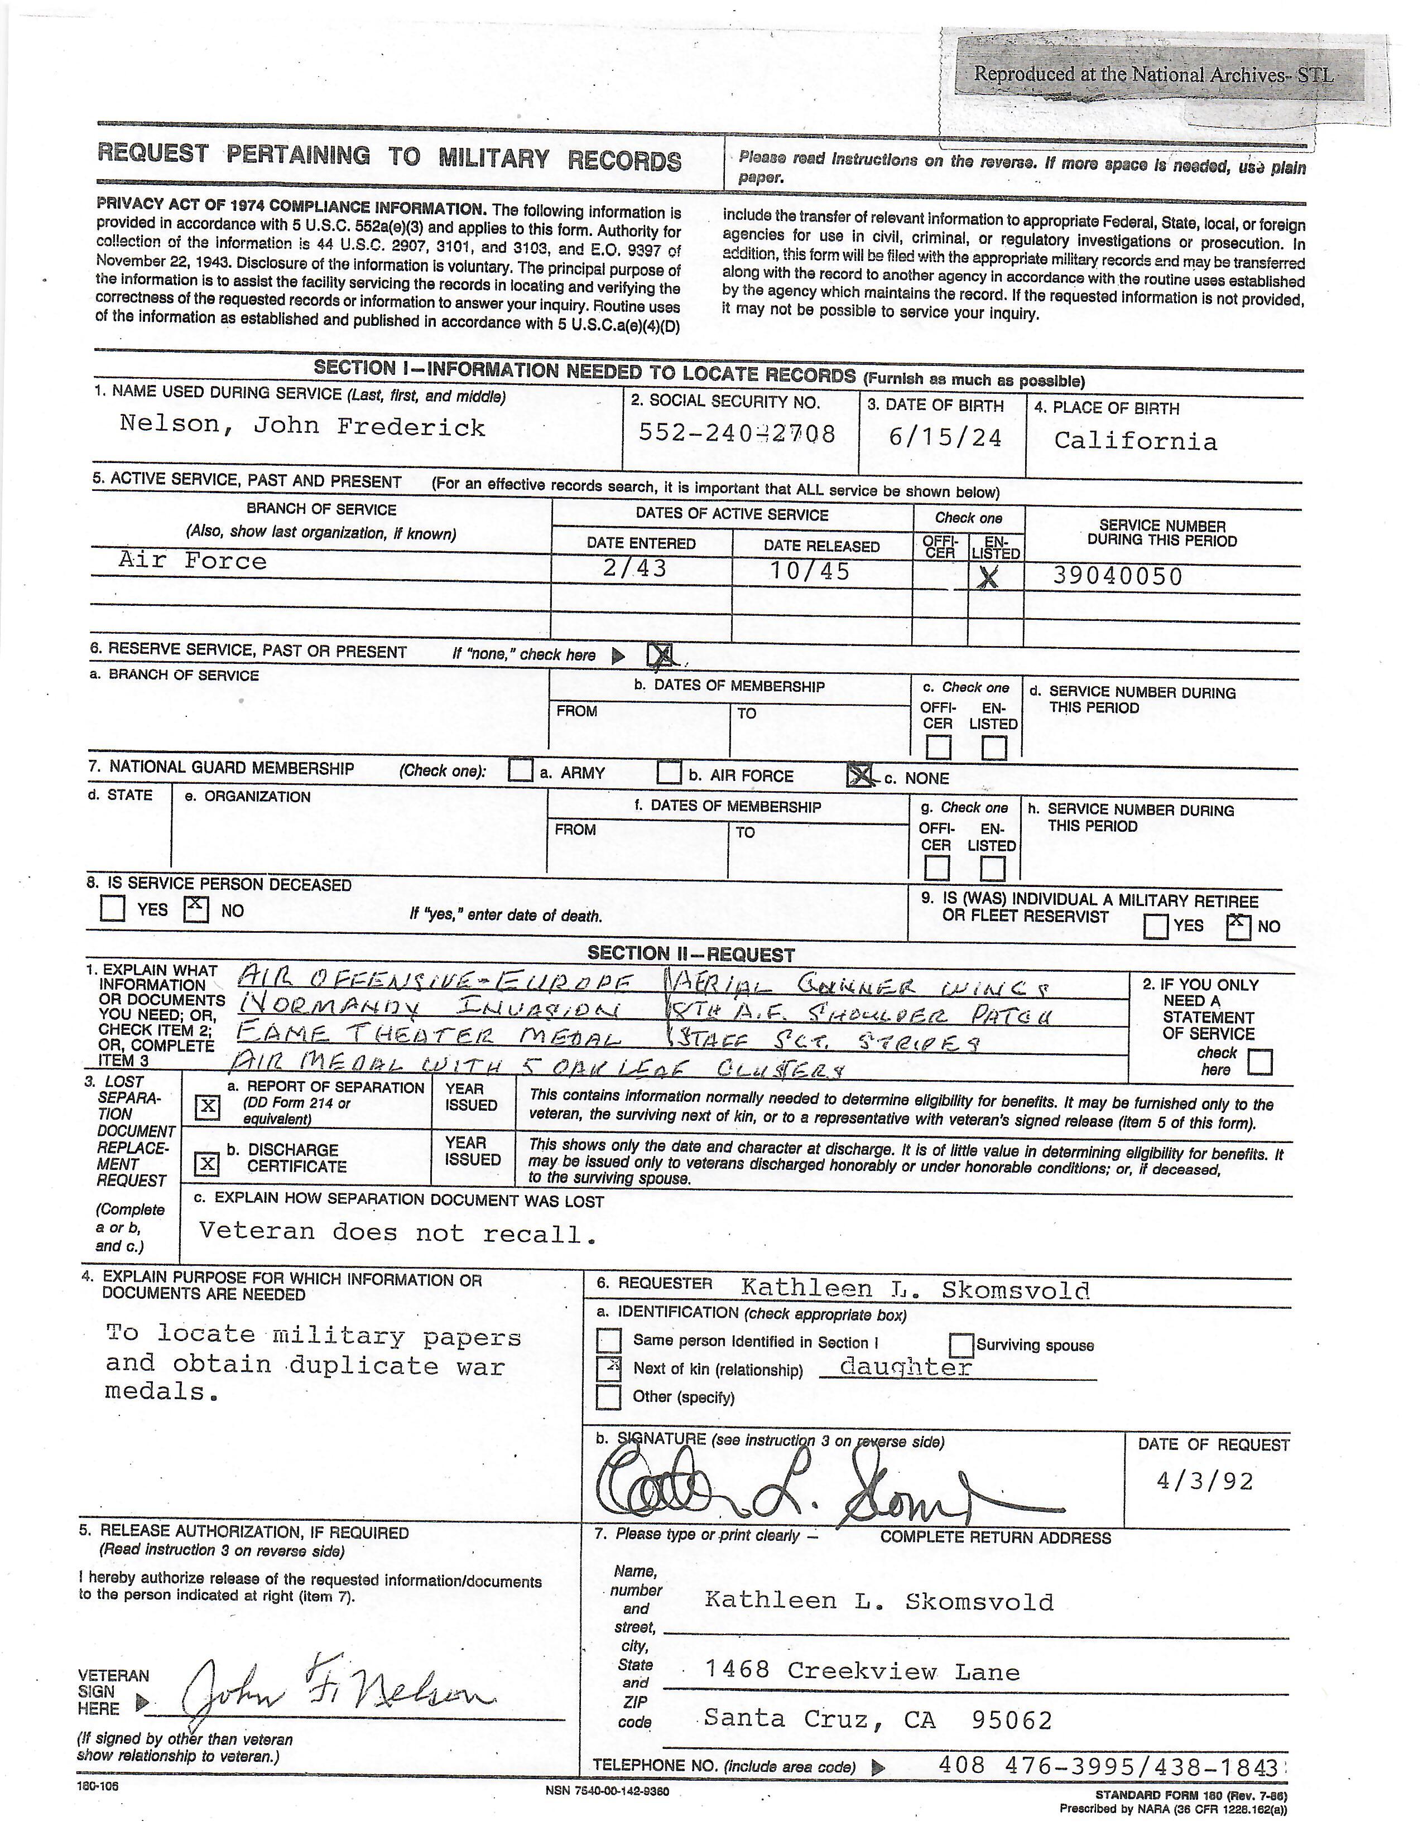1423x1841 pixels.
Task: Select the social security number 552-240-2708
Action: click(736, 433)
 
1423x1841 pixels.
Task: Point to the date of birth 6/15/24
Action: click(945, 437)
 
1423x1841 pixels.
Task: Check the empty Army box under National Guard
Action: click(521, 770)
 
